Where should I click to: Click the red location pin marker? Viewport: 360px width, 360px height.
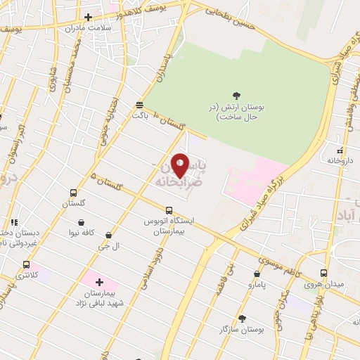click(x=180, y=165)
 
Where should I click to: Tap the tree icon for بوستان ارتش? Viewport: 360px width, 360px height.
click(x=236, y=96)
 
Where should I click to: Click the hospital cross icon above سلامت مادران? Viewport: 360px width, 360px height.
click(x=88, y=17)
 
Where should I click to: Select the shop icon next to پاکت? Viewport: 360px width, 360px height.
click(x=139, y=105)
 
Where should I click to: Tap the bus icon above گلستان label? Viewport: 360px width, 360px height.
click(x=74, y=192)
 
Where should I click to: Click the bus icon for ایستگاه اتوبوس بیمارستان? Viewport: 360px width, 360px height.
click(x=168, y=210)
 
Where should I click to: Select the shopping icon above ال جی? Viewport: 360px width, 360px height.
click(x=108, y=235)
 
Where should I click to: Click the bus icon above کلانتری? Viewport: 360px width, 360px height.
click(x=27, y=264)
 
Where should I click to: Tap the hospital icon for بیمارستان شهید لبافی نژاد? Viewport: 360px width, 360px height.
click(x=99, y=281)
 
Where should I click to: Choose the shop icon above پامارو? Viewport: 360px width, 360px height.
click(x=257, y=274)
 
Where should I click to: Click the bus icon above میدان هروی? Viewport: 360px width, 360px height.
click(x=323, y=273)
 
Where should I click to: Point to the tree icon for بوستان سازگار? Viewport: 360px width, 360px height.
click(x=242, y=318)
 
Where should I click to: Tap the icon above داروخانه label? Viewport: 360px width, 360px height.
click(x=340, y=150)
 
